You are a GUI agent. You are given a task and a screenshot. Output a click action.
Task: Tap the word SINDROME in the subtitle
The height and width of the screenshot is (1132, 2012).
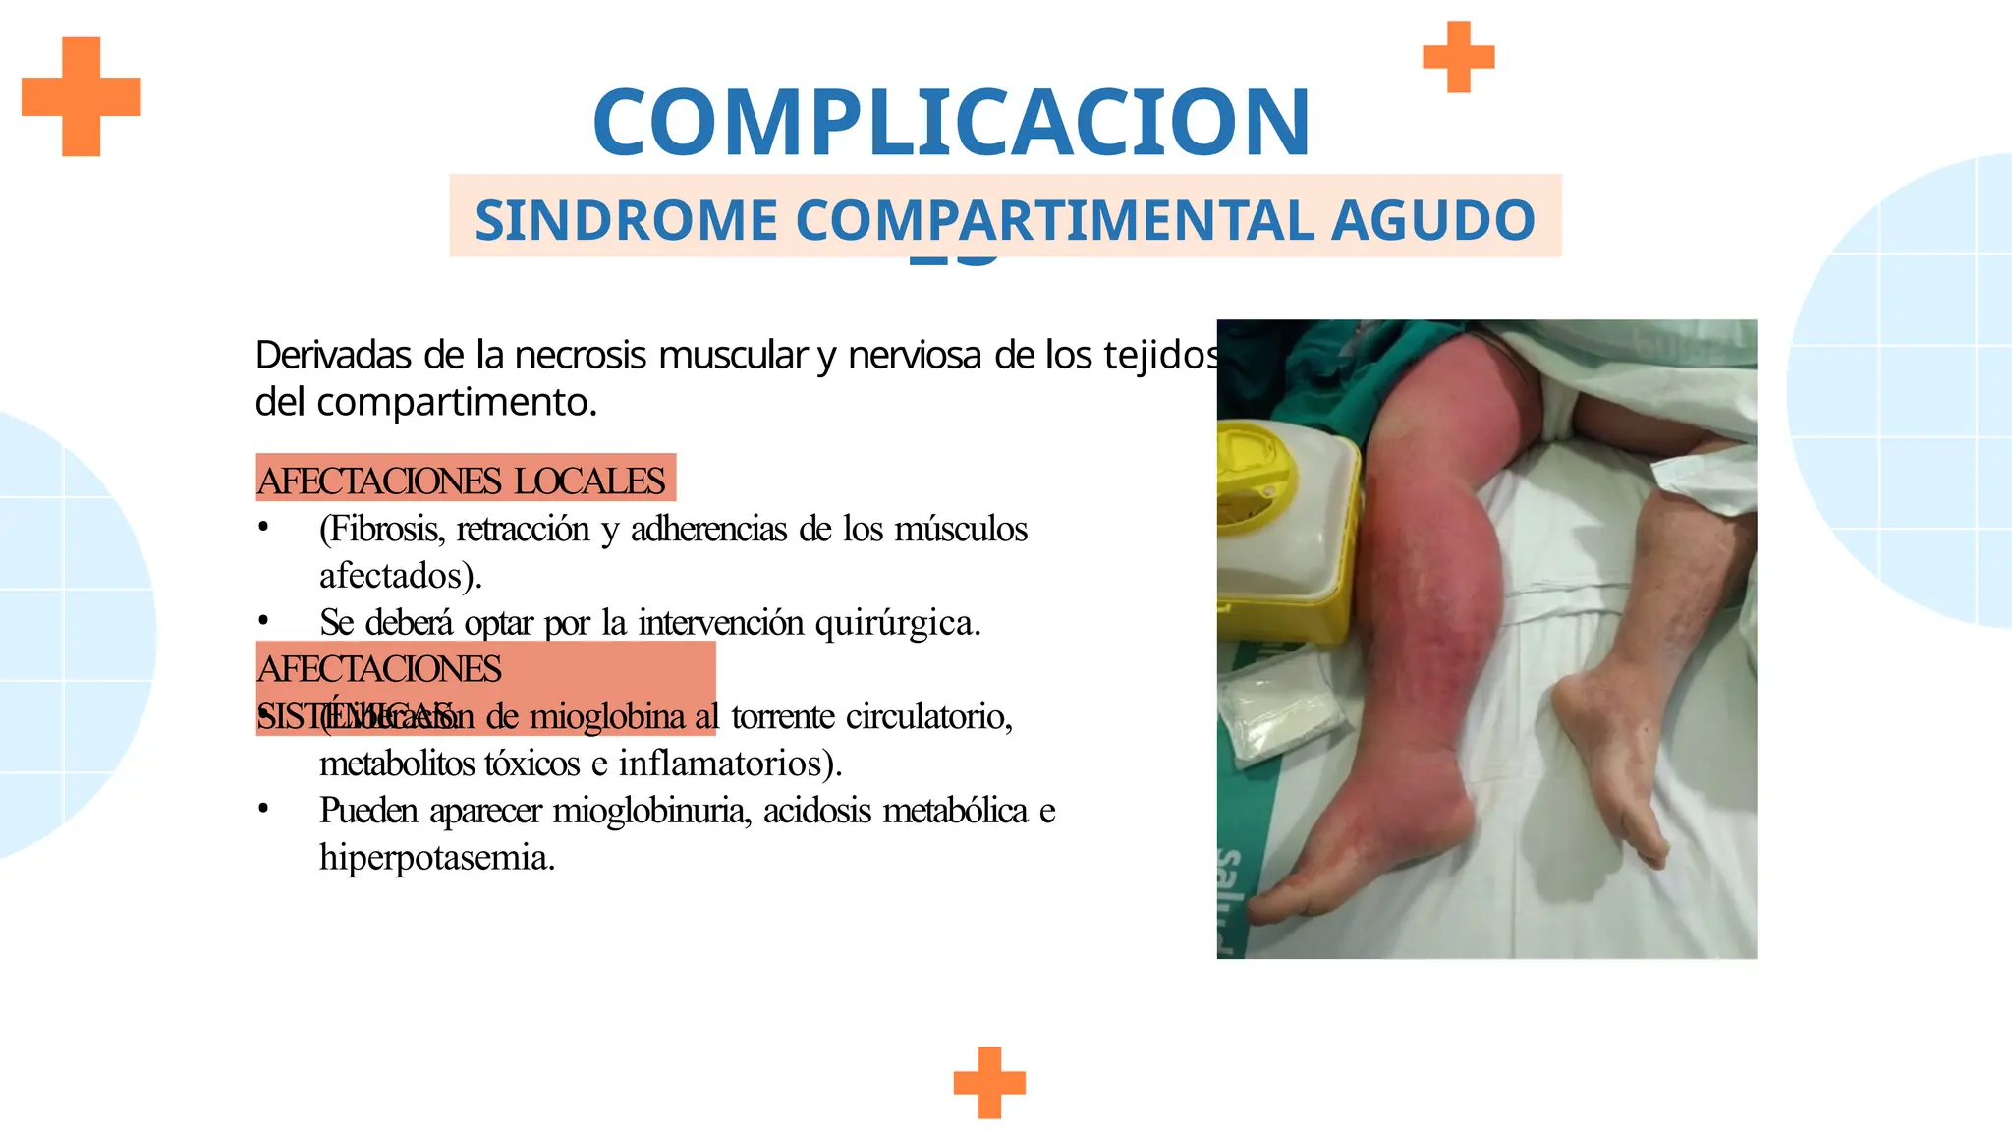(626, 220)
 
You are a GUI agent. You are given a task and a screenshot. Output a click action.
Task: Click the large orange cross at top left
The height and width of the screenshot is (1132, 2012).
(82, 96)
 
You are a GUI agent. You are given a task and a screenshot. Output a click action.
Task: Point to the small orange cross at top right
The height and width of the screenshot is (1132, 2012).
(1459, 57)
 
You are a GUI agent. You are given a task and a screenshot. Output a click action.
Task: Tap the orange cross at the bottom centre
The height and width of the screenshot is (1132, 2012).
(989, 1083)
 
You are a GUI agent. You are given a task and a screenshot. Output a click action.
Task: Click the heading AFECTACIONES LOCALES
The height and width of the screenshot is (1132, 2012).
(462, 481)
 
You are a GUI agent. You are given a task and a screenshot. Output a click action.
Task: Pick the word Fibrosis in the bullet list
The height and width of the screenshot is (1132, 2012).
(384, 529)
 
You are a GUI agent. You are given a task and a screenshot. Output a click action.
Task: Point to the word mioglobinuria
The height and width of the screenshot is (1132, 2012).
(651, 811)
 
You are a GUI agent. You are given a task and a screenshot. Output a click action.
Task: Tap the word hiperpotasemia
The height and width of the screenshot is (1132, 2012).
(437, 858)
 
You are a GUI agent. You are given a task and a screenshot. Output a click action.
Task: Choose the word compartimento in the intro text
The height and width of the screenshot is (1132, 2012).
(456, 402)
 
